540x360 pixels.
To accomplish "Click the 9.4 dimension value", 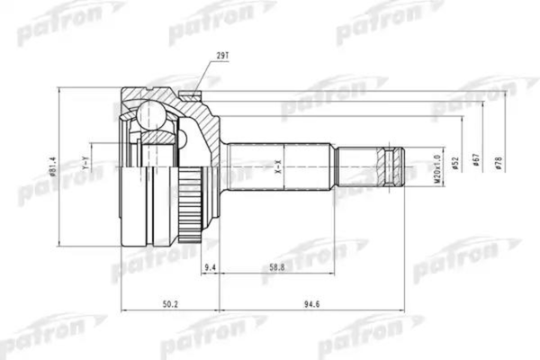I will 211,267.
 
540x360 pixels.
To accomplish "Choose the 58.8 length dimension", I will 278,267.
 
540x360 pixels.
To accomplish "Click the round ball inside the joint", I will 148,113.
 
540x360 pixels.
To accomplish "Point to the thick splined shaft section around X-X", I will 279,166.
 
